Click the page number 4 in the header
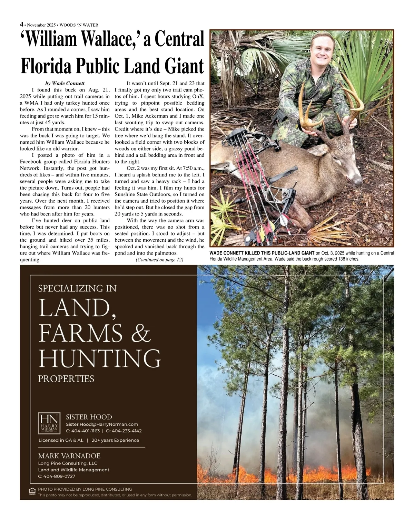(x=22, y=25)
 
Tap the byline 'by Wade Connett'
(x=65, y=83)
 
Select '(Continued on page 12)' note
(x=159, y=260)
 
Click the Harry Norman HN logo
(x=49, y=423)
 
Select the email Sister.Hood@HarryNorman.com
(x=102, y=424)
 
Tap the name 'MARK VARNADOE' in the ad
(x=69, y=456)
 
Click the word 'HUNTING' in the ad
(x=99, y=359)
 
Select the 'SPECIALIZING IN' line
(x=77, y=288)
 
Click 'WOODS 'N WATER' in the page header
(x=79, y=25)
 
